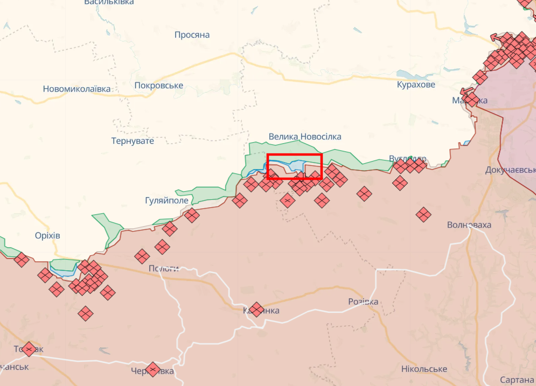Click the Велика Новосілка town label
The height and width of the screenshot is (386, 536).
(305, 137)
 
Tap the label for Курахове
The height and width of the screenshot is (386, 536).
(416, 85)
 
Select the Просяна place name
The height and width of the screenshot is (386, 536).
(192, 35)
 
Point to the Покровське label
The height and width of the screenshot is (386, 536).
(158, 86)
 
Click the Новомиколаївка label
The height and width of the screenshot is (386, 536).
(76, 89)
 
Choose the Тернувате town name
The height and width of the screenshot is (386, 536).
(133, 141)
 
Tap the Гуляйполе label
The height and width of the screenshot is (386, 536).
(167, 200)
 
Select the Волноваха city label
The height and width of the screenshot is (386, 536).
(469, 224)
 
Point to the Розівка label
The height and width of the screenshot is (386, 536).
(363, 301)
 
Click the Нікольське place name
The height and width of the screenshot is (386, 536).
(424, 369)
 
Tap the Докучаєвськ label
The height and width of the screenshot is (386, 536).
(510, 170)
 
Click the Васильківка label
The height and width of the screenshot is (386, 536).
(109, 3)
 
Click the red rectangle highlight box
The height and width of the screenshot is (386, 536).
(294, 166)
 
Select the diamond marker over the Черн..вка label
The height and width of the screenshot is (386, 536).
(153, 369)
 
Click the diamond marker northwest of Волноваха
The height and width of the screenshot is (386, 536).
(423, 214)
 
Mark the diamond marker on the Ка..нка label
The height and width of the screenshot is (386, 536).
(256, 309)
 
